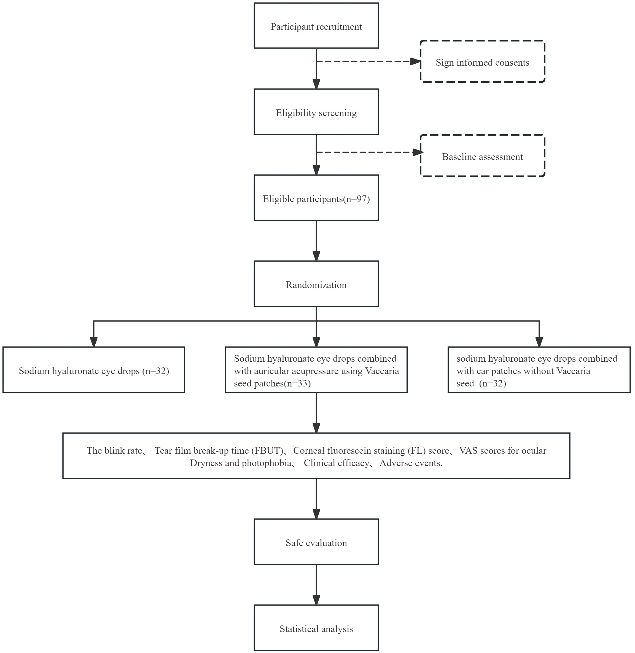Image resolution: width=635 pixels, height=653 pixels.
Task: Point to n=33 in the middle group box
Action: click(297, 383)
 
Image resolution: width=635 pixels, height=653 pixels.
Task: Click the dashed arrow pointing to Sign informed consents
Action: click(368, 61)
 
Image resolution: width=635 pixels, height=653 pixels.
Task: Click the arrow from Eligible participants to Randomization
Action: click(316, 241)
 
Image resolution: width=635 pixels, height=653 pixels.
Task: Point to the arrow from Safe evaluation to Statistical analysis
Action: click(316, 585)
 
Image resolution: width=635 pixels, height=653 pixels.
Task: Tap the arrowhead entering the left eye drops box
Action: click(94, 342)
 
